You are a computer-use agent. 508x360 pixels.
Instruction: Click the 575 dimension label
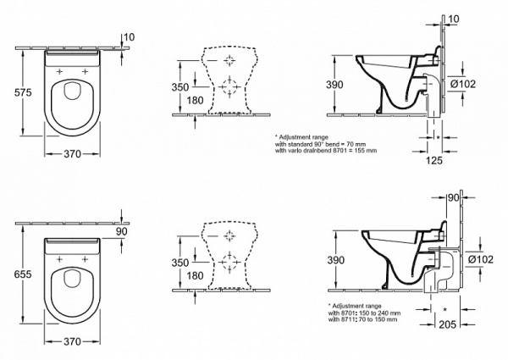[24, 92]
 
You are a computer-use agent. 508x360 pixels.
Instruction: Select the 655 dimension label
[24, 274]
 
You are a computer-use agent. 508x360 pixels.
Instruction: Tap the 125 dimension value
[434, 160]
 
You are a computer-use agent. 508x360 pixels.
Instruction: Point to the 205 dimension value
[447, 324]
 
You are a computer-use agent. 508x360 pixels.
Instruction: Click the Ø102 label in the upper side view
[463, 84]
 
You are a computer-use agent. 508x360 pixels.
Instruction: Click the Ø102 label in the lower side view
[481, 259]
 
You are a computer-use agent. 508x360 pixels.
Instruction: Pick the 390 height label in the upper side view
[334, 85]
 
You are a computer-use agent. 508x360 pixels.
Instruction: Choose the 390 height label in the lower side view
[336, 260]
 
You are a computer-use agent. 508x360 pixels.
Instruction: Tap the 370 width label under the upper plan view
[72, 154]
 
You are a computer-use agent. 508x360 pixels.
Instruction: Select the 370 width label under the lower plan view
[72, 341]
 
